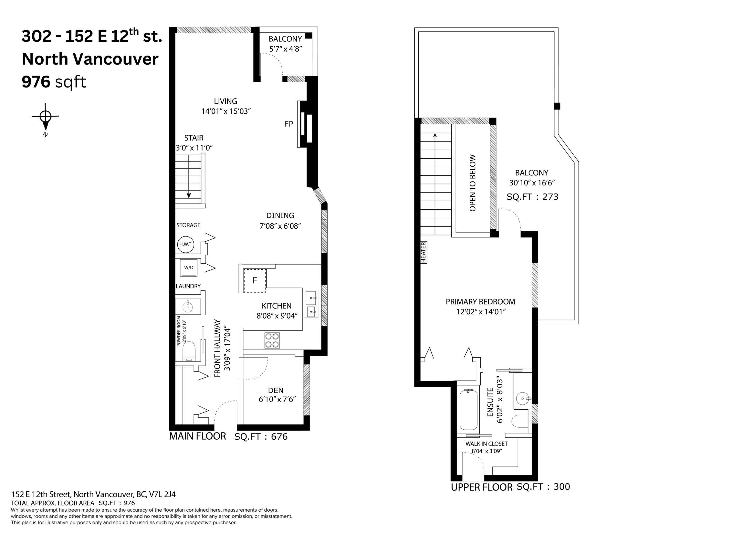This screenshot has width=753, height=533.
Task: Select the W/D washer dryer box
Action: [189, 268]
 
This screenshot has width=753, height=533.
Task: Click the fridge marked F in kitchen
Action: [255, 280]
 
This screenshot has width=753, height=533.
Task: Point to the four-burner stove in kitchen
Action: [272, 341]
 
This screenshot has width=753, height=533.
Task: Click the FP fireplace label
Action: [289, 124]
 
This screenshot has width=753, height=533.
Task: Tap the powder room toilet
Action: [189, 351]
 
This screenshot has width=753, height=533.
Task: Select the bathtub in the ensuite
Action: [468, 410]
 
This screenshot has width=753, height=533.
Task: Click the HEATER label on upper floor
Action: [423, 252]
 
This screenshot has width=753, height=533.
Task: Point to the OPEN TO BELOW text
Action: [473, 183]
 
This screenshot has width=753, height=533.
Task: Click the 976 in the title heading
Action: [36, 82]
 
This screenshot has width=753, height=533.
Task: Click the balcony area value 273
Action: [550, 197]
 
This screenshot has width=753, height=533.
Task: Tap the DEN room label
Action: [276, 391]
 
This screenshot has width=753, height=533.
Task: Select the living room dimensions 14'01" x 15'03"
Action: [226, 111]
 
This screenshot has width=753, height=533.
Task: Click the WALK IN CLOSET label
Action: [486, 444]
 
